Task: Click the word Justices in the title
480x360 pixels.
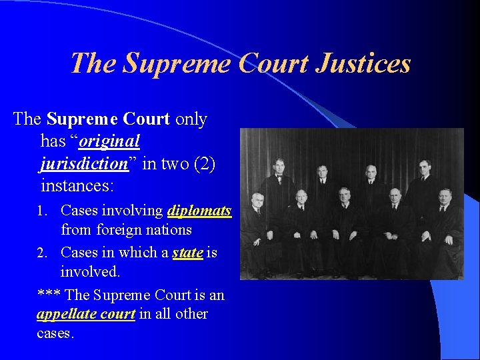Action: click(363, 64)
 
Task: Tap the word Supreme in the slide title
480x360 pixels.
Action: click(167, 64)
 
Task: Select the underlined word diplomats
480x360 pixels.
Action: click(199, 211)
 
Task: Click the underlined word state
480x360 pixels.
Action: click(187, 253)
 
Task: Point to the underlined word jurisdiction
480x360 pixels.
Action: click(84, 164)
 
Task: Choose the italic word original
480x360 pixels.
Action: click(109, 141)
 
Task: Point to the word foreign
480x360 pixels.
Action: click(121, 230)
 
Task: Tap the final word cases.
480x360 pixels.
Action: click(55, 333)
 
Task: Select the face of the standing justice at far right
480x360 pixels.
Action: click(424, 166)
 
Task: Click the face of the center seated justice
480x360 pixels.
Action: click(344, 195)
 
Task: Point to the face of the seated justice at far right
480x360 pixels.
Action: click(445, 197)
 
